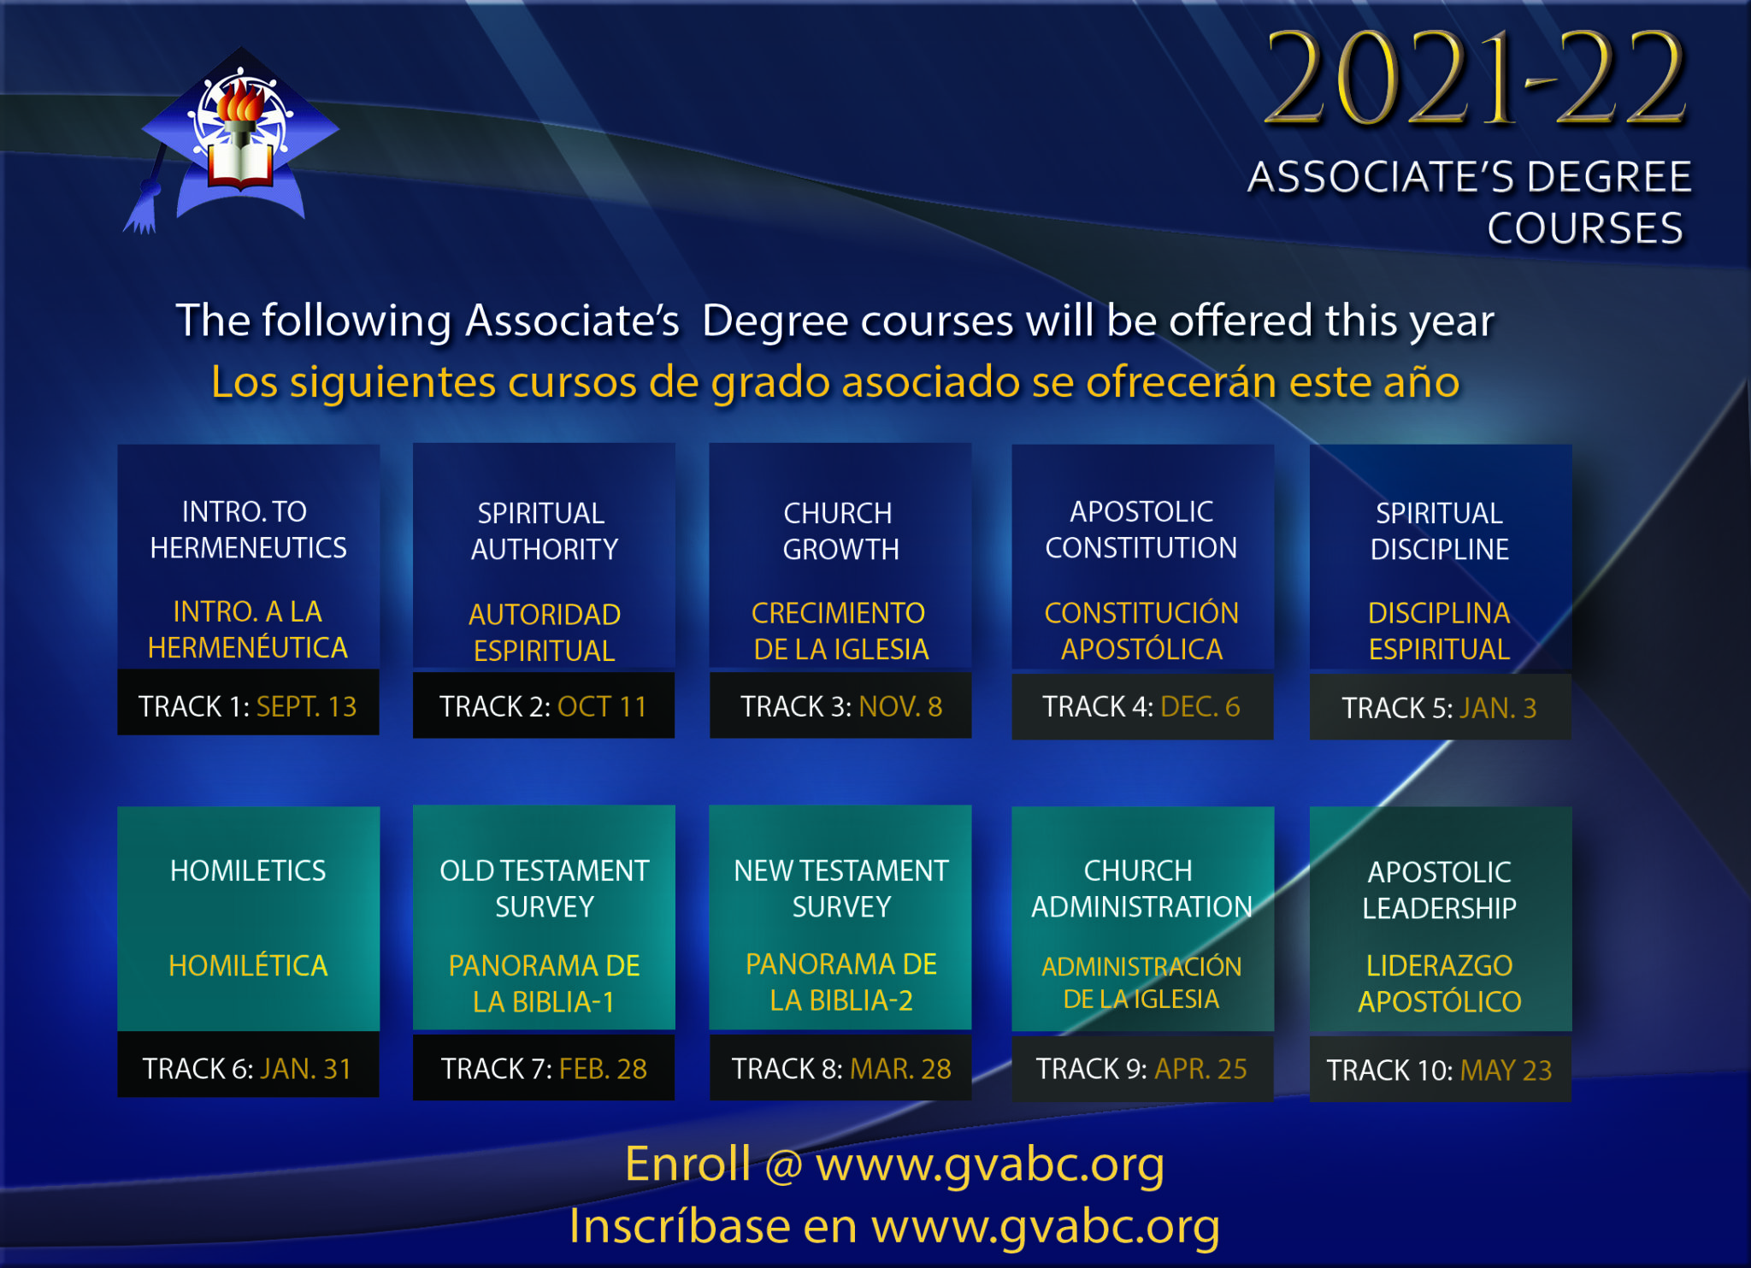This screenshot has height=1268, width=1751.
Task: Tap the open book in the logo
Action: tap(241, 166)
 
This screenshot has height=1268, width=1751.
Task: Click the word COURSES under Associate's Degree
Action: tap(1585, 228)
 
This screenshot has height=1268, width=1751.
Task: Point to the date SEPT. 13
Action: tap(306, 706)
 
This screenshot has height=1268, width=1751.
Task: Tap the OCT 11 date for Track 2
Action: tap(602, 706)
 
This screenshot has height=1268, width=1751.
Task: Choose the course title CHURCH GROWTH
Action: tap(840, 531)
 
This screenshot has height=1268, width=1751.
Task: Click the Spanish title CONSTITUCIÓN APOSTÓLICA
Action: tap(1141, 631)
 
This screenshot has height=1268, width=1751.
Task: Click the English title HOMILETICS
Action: tap(248, 870)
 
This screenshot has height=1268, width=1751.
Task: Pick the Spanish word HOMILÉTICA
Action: tap(248, 965)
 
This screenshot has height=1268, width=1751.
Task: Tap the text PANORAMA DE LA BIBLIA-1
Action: tap(545, 983)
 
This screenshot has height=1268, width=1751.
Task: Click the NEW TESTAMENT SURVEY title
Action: tap(841, 888)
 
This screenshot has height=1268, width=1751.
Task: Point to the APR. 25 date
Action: tap(1200, 1069)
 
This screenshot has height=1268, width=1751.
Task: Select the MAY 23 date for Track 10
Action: tap(1506, 1070)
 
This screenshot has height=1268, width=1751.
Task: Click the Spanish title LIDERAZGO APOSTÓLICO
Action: tap(1440, 983)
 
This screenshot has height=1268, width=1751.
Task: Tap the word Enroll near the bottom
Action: tap(688, 1164)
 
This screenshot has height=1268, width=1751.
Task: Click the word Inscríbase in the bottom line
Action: tap(680, 1226)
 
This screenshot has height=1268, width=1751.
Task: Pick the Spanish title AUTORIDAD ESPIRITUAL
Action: tap(545, 633)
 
